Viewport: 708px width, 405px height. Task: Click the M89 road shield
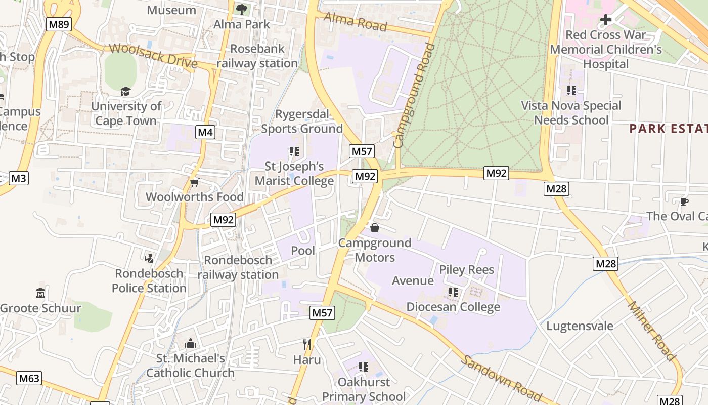(59, 24)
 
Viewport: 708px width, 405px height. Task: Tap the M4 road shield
(205, 133)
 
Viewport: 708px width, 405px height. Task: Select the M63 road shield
(29, 378)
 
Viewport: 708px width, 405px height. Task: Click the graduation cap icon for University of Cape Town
(125, 91)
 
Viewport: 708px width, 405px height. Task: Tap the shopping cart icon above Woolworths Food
(194, 182)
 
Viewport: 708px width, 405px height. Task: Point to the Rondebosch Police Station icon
(149, 259)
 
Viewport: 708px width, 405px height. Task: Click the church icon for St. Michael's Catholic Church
(190, 344)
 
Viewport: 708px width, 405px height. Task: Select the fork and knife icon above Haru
(307, 345)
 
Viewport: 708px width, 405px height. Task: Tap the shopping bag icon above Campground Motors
(375, 228)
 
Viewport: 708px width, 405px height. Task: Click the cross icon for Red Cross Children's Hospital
(605, 20)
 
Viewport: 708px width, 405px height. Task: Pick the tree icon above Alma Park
(242, 9)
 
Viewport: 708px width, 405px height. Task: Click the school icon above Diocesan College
(453, 292)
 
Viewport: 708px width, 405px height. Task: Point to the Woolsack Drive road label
(153, 55)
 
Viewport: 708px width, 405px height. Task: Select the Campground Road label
(414, 96)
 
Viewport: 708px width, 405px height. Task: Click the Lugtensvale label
(580, 326)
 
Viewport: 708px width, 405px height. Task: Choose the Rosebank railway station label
(257, 56)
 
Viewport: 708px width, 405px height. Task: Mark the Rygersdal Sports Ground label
(302, 121)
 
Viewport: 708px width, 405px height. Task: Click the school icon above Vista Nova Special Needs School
(571, 91)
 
